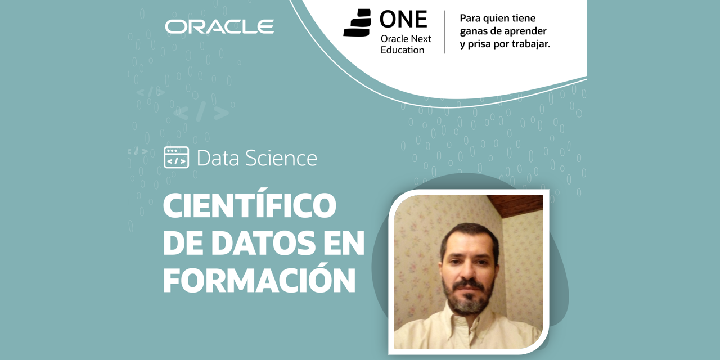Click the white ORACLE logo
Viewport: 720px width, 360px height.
(219, 26)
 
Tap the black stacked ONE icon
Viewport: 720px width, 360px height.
(357, 22)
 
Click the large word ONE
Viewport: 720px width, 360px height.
(403, 19)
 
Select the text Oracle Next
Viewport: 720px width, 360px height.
(406, 39)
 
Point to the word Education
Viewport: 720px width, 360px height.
(402, 50)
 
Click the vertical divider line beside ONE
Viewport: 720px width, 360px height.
(445, 32)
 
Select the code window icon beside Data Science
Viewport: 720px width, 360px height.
(176, 157)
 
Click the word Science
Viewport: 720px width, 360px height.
(281, 158)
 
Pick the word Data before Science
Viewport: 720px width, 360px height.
(218, 158)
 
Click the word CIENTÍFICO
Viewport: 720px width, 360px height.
(250, 205)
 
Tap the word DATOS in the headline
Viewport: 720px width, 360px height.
(263, 244)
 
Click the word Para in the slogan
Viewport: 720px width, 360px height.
(470, 19)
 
